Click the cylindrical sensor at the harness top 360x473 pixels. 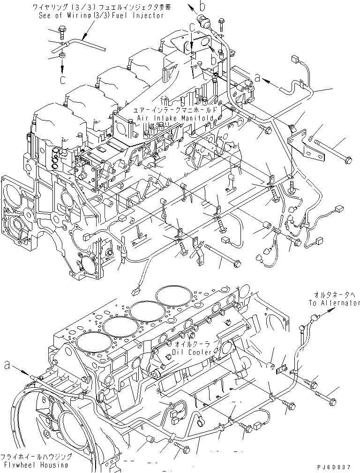pos(204,20)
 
